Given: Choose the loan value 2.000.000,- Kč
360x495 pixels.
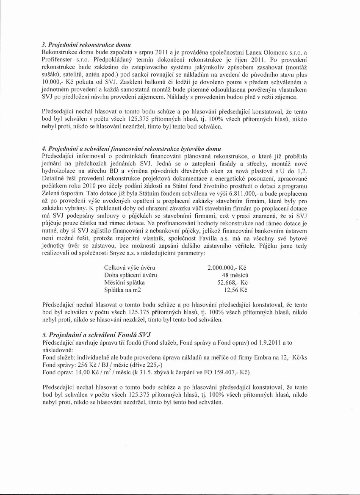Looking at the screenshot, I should click(227, 268).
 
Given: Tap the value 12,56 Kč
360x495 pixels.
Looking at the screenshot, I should click(235, 290).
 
